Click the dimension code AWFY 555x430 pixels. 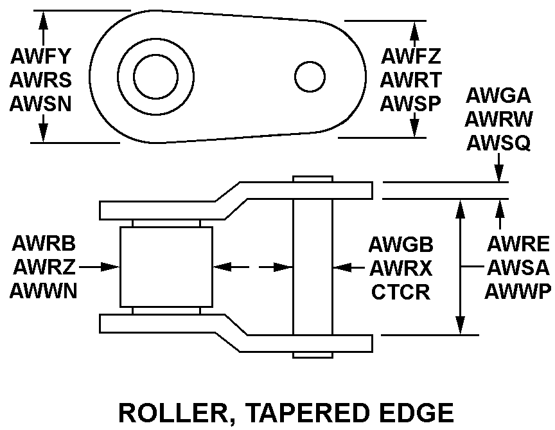40,56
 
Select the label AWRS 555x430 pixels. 40,80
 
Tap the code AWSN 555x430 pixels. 40,103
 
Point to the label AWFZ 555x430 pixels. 410,56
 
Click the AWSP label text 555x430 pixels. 410,103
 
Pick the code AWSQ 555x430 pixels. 498,142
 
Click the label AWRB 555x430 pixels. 44,243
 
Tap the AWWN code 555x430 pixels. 44,291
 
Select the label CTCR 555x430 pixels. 401,291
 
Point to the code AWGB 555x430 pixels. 401,244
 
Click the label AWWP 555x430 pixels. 517,291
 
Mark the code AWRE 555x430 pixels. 518,244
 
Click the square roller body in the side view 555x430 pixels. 166,266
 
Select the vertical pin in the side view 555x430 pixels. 313,266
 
